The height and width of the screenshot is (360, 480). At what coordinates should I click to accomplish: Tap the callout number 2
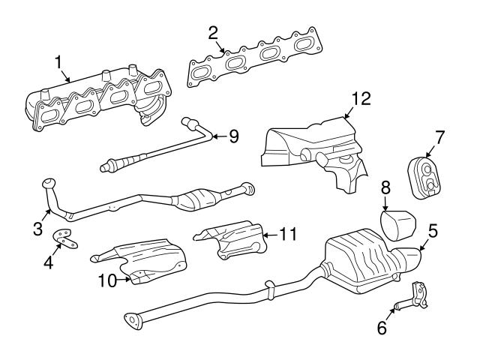213,32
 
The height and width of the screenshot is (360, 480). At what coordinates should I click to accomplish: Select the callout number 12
361,98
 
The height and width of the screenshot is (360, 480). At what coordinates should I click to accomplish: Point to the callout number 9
233,136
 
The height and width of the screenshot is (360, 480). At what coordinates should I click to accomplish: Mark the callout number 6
382,328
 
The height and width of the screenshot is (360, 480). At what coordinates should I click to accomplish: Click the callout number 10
108,281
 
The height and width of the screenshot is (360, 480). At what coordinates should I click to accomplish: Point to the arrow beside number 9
216,136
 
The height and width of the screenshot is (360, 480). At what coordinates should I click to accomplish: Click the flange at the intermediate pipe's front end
133,320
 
